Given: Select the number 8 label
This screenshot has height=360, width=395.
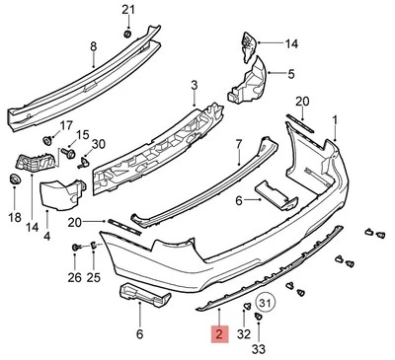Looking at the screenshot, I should coord(93,46).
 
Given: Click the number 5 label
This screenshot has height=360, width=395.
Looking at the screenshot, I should coord(290,74).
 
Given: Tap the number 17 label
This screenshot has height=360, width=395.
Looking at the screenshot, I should coord(67,125).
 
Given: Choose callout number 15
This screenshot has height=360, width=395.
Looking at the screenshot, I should coord(83,135).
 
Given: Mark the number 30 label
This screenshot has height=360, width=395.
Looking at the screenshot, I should coord(97,145).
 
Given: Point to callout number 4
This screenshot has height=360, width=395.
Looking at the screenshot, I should coord(47,237).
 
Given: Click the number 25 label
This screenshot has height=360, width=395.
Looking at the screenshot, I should coord(95,277).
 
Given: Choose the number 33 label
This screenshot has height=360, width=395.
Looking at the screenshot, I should coord(258,348).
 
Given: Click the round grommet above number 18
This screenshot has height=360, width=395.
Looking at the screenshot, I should coord(14,180).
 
